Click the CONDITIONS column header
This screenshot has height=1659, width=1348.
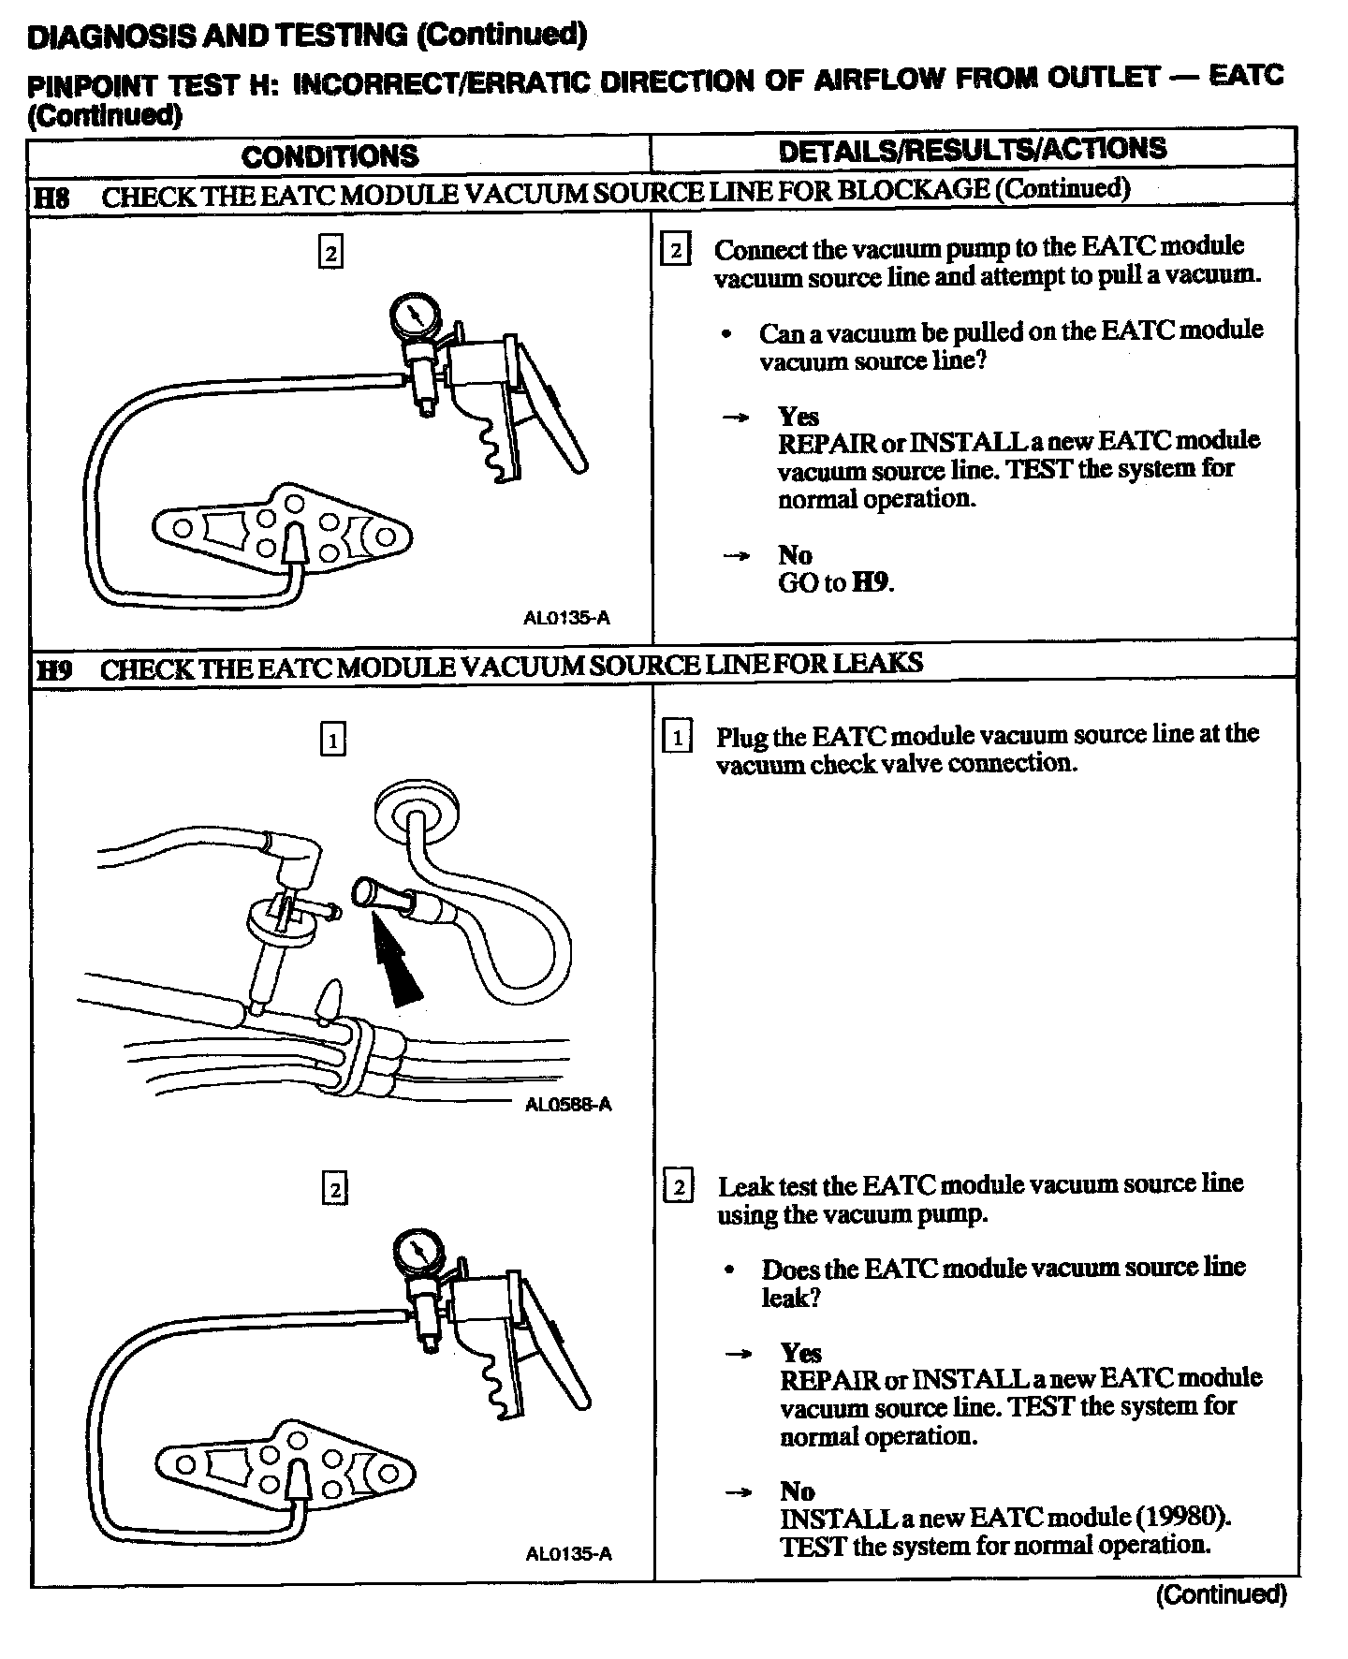pos(330,155)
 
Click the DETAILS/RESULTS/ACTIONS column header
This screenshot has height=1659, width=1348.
pos(973,149)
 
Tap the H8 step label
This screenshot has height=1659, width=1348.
pos(52,198)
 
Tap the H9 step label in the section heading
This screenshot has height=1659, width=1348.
pos(54,670)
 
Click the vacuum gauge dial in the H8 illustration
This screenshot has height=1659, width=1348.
pos(413,316)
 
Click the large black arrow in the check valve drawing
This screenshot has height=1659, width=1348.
pos(397,964)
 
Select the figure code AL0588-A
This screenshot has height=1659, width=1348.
pos(568,1105)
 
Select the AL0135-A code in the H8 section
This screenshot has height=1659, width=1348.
pos(567,618)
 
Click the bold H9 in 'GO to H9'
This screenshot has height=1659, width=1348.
pos(872,582)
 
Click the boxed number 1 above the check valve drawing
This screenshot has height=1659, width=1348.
pos(333,741)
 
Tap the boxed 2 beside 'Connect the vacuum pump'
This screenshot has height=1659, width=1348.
pos(676,251)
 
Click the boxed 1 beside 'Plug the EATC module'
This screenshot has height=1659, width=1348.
pos(677,738)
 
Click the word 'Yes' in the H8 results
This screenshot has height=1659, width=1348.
pos(799,416)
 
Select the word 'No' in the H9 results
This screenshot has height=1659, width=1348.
pos(797,1490)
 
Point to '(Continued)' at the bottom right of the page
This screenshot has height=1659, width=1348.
pos(1222,1594)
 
